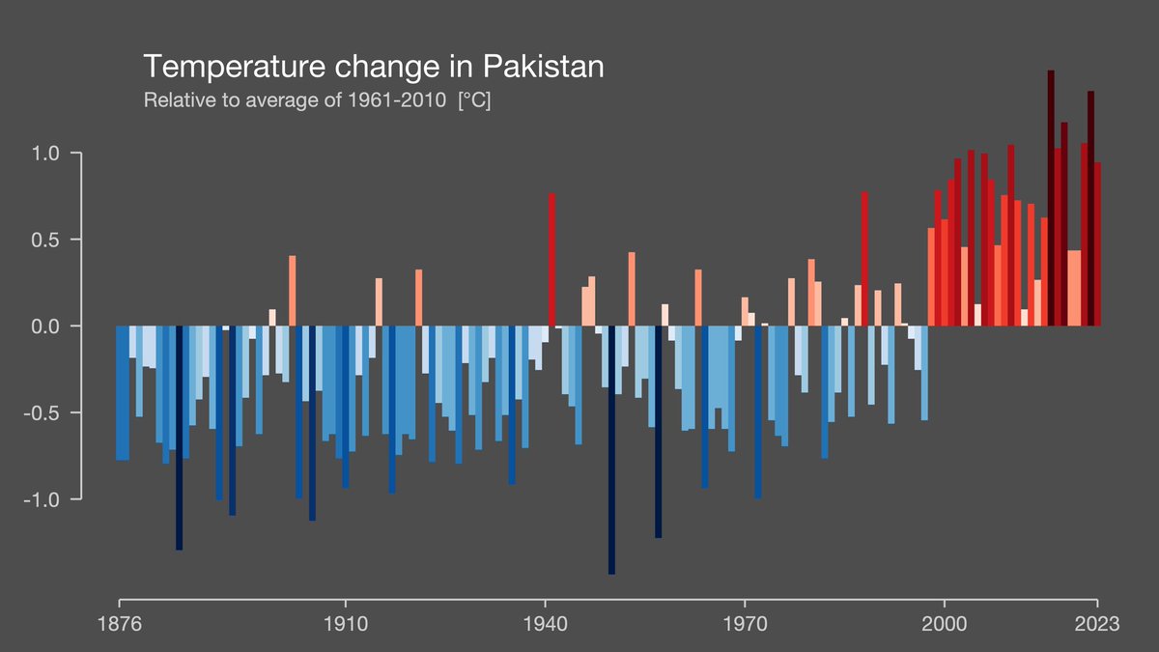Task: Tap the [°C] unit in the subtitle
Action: [x=474, y=100]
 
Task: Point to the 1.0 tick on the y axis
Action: [x=47, y=154]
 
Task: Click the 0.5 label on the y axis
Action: [x=47, y=240]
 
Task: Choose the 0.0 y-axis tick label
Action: [x=47, y=326]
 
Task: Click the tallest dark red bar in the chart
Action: [x=1051, y=193]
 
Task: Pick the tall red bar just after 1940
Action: [x=551, y=261]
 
